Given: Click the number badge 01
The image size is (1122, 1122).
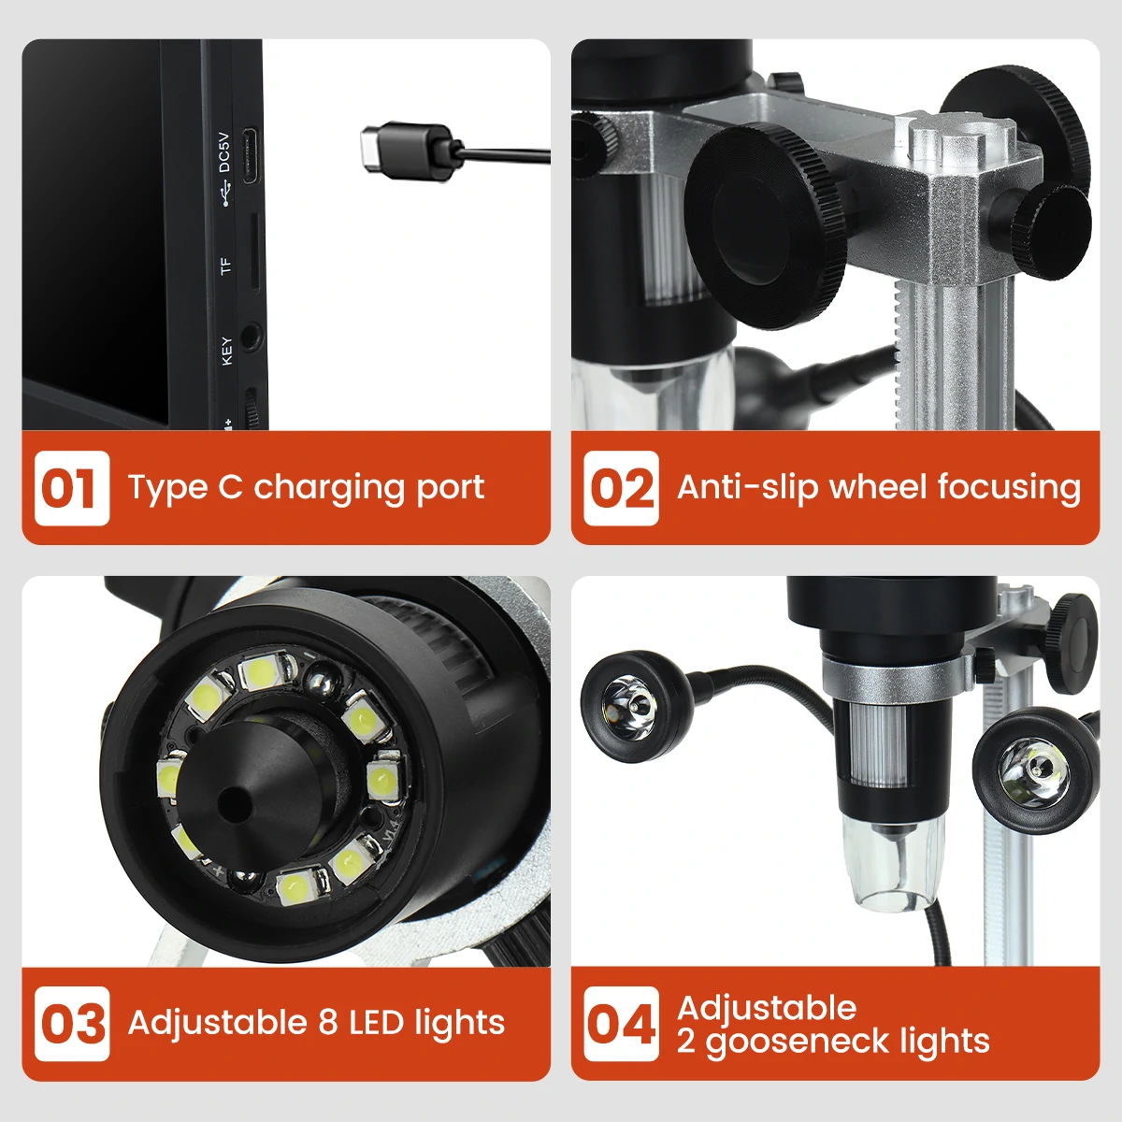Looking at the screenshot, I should [x=71, y=488].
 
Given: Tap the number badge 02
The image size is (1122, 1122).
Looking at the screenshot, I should [x=622, y=488].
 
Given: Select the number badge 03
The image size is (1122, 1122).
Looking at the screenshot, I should [x=71, y=1024].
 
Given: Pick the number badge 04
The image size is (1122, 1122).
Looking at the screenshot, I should [x=622, y=1024].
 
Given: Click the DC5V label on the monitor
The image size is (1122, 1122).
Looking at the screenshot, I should [x=223, y=152].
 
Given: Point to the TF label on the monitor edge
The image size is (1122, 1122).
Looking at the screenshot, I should [x=224, y=266].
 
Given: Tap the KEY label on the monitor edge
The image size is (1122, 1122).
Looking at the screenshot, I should [x=225, y=351].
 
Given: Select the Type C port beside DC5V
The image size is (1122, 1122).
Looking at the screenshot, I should [x=251, y=155].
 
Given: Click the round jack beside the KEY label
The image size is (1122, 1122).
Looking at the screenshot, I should [x=251, y=335].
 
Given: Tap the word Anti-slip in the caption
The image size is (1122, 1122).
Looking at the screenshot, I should [x=747, y=487].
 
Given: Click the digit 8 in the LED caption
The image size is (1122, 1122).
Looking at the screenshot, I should [x=327, y=1023].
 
